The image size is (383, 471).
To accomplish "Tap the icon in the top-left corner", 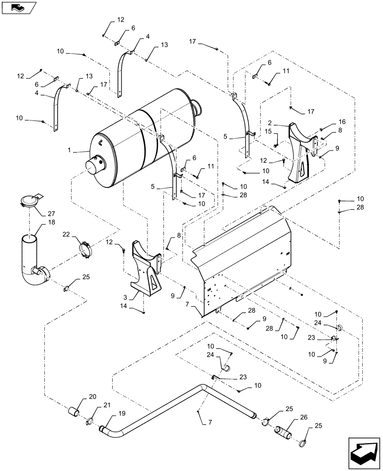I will point(18,7).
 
